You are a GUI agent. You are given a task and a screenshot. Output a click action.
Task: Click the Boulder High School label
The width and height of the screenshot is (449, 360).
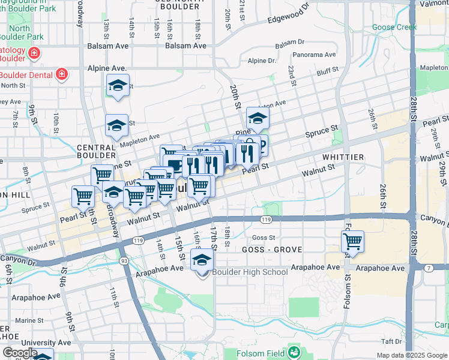(249, 272)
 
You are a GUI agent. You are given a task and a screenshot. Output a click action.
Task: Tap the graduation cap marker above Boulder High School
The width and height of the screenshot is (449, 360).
(202, 260)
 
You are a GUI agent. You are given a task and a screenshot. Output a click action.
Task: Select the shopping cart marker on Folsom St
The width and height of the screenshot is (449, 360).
(352, 242)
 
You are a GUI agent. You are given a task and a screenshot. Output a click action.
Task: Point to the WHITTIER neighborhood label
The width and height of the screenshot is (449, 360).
(343, 157)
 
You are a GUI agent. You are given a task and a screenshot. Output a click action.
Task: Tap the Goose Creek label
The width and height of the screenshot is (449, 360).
(394, 27)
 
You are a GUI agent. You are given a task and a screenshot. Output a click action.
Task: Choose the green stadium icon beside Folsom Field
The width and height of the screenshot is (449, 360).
(294, 351)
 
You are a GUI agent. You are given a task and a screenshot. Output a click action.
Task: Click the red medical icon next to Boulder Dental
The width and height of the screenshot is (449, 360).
(61, 75)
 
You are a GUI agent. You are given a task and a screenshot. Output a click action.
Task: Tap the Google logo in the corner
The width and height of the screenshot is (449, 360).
(19, 353)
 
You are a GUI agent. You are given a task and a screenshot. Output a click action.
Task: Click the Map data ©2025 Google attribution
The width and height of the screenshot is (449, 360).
(411, 355)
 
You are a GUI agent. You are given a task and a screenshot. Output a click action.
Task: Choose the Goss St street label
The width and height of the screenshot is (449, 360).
(267, 238)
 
